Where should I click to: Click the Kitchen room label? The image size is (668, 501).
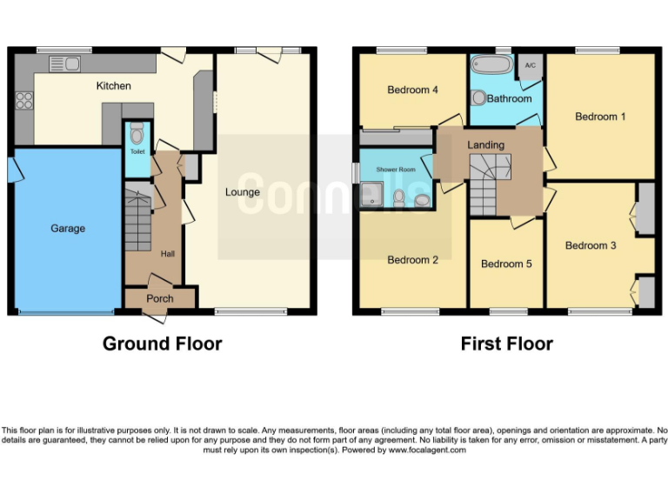(113, 86)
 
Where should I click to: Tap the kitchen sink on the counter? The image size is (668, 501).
(64, 63)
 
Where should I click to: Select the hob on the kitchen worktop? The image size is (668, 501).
(23, 101)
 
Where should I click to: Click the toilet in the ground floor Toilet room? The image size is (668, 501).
(137, 135)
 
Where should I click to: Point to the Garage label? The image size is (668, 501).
(67, 229)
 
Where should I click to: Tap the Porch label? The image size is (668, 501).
(159, 298)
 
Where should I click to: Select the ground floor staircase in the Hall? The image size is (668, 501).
(137, 221)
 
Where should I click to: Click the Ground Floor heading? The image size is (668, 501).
(162, 344)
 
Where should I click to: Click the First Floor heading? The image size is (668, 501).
(506, 344)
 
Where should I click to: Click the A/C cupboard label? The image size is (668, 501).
(529, 66)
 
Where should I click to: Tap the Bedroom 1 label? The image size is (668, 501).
(600, 117)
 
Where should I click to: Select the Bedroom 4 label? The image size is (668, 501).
(412, 90)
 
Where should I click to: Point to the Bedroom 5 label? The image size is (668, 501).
(505, 264)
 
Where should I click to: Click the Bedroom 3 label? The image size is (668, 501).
(591, 245)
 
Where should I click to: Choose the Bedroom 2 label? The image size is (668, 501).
(412, 260)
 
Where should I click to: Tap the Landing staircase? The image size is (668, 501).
(490, 184)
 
